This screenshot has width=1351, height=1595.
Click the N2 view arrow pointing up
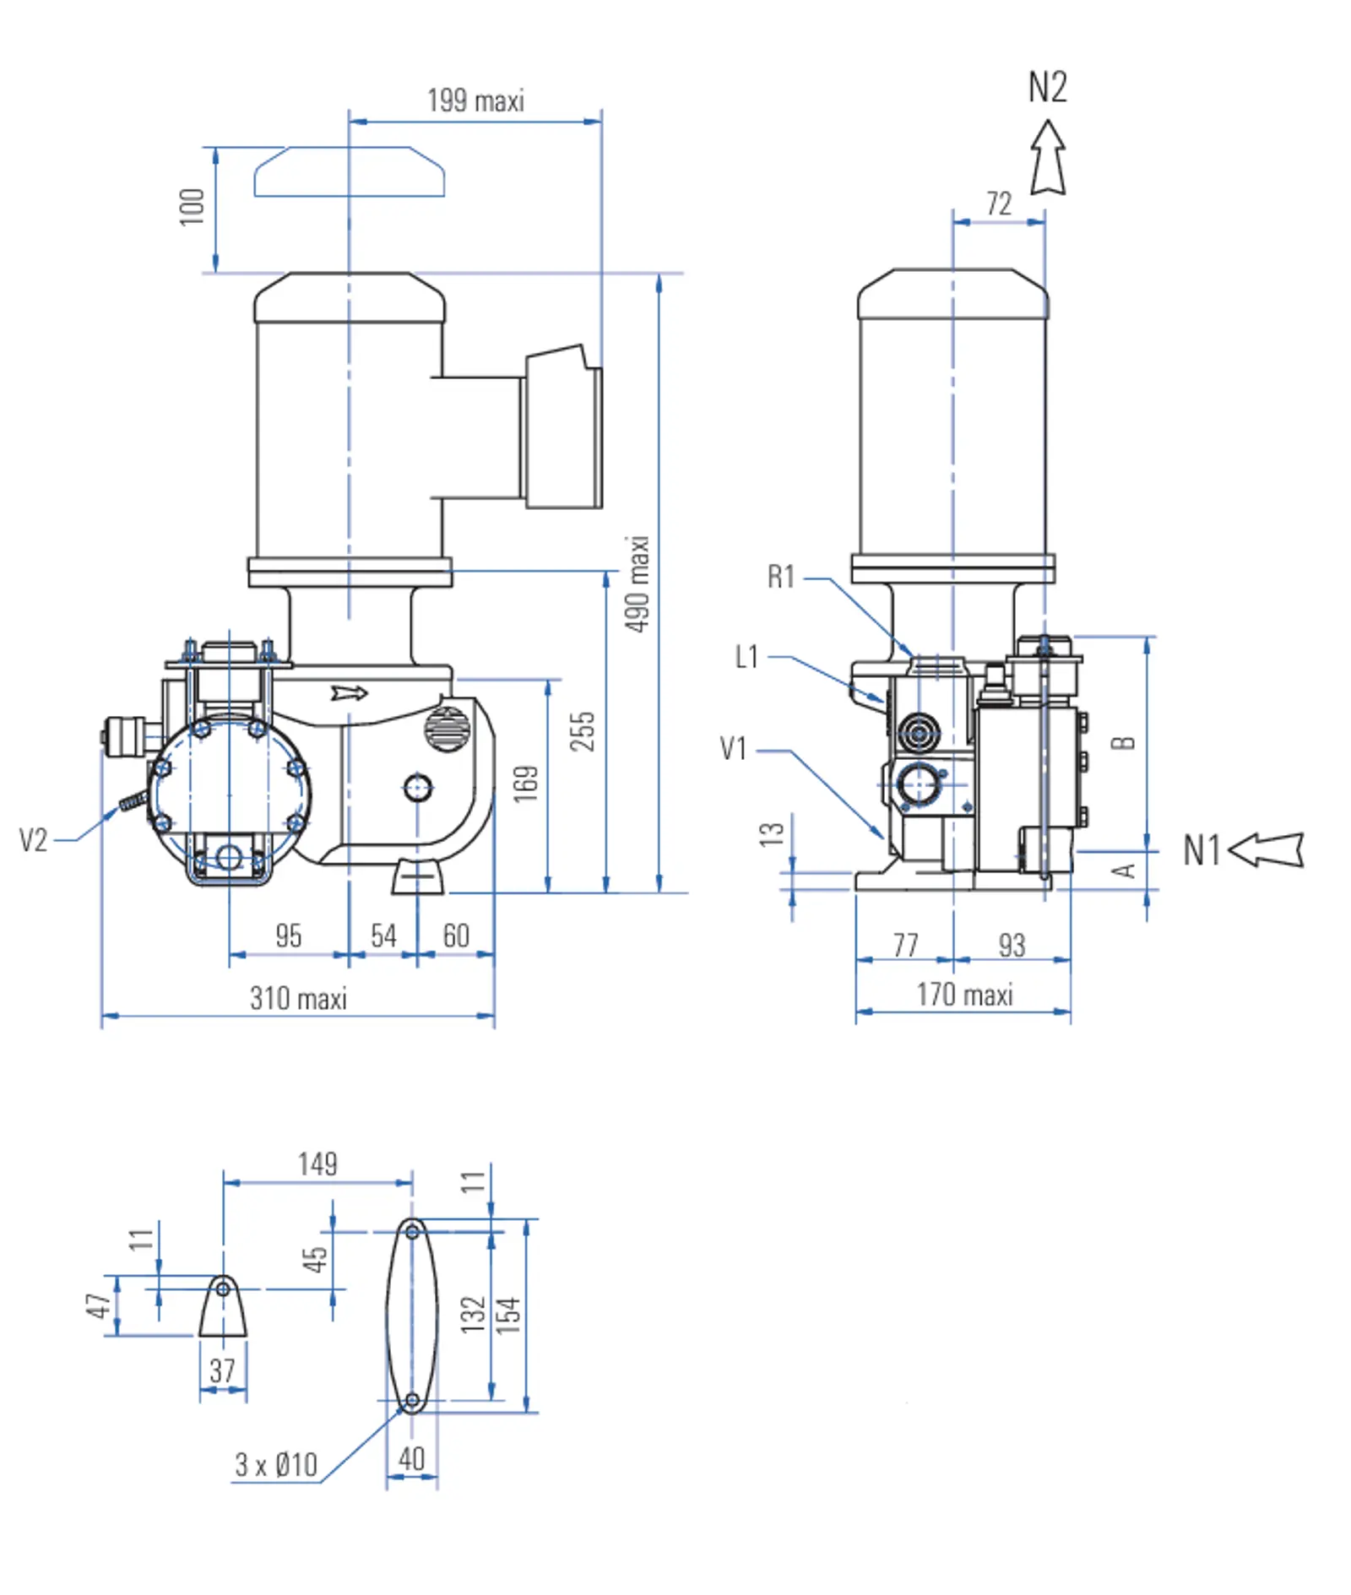[1048, 158]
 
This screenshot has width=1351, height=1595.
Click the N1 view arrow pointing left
[1266, 849]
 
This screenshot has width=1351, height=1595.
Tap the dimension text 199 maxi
[475, 100]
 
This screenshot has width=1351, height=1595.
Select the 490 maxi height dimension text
[638, 583]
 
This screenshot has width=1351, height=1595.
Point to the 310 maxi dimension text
[298, 998]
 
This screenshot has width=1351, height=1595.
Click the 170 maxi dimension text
[964, 994]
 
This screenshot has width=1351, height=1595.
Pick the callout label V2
[33, 840]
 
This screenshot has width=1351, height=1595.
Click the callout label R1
[781, 577]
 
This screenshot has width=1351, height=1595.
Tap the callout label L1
[747, 656]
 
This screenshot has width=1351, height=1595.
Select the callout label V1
[733, 748]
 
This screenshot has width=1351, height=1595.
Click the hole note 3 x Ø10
[276, 1464]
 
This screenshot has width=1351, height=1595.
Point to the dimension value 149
[317, 1164]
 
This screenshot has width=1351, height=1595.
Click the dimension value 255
[583, 731]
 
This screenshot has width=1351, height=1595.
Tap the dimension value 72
[999, 203]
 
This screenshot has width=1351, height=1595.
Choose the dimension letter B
[1124, 743]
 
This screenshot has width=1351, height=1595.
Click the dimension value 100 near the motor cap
[193, 207]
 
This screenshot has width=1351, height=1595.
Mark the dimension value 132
[474, 1315]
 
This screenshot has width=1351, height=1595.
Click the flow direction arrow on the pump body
[349, 693]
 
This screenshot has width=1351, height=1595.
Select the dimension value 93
[1012, 945]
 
